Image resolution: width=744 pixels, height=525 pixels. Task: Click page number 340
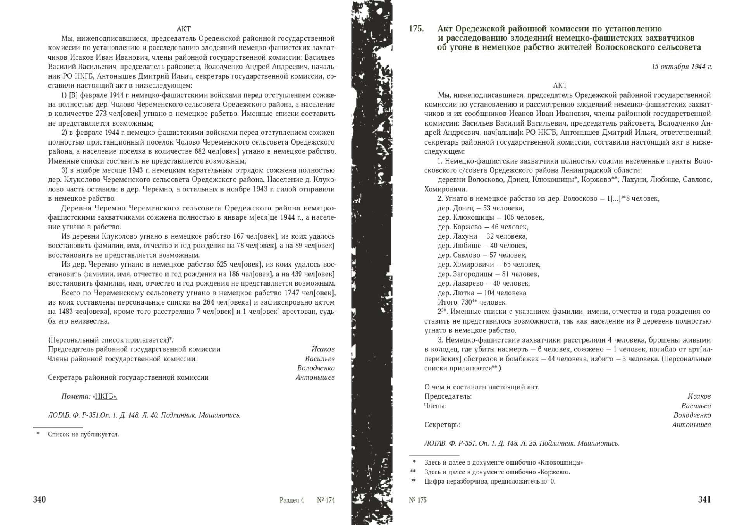(x=40, y=499)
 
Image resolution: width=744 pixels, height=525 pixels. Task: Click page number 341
(x=704, y=499)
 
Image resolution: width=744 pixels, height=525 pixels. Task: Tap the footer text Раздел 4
(x=291, y=500)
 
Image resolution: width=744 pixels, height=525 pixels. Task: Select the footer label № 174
(x=325, y=500)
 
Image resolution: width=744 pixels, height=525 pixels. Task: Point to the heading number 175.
(x=416, y=29)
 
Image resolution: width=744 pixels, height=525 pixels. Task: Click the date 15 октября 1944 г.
(x=682, y=67)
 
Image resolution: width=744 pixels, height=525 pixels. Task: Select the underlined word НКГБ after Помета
(x=106, y=396)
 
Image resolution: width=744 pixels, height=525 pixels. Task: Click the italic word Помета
(x=76, y=396)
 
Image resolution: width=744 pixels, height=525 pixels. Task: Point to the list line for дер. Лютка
(x=482, y=293)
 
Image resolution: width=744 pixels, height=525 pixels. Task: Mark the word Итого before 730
(x=448, y=303)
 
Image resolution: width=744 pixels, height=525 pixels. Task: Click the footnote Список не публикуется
(x=83, y=434)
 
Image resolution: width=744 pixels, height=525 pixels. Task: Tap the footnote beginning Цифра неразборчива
(x=489, y=482)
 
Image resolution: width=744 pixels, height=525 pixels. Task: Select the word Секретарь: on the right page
(x=442, y=425)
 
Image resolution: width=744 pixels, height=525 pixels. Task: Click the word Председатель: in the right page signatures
(x=448, y=396)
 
